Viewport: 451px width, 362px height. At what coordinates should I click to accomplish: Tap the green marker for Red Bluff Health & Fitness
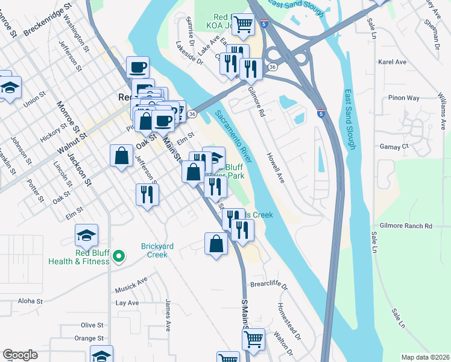[119, 256]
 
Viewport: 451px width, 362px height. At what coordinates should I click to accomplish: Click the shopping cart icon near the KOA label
[243, 25]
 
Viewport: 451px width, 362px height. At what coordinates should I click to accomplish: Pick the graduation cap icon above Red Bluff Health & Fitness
[86, 235]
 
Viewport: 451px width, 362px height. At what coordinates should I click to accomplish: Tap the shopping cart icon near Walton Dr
[254, 338]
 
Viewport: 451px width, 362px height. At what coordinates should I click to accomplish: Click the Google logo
[20, 355]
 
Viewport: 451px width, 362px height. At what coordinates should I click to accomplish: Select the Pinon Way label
[403, 98]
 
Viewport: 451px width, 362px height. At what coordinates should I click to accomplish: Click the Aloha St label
[30, 300]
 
